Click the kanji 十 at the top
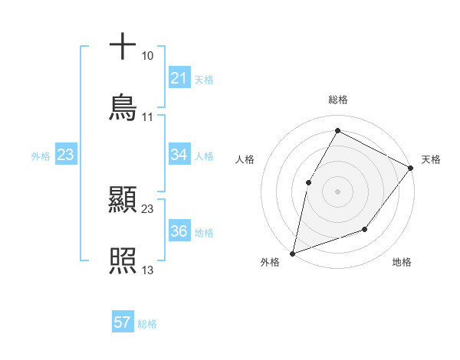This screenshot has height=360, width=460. [123, 47]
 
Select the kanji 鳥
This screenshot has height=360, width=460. [123, 108]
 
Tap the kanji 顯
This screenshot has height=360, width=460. [123, 201]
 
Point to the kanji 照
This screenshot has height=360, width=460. [123, 261]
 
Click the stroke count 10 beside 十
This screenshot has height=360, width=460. [147, 56]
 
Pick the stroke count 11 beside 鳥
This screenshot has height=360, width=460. [147, 117]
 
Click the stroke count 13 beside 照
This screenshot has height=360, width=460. [147, 270]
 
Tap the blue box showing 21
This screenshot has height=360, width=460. [179, 78]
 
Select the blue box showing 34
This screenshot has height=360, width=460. [179, 155]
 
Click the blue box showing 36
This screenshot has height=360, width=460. [179, 231]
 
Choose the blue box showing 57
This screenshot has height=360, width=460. [123, 322]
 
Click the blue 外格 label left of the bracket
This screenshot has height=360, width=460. [41, 155]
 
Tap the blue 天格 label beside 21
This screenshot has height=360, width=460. [204, 79]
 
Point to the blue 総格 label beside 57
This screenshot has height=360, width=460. [147, 323]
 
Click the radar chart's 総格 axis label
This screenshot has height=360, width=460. [338, 100]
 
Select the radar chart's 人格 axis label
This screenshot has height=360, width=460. [245, 159]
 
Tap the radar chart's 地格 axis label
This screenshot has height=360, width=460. [402, 262]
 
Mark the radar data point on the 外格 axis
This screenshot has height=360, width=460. [293, 253]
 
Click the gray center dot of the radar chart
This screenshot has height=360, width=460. [337, 191]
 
